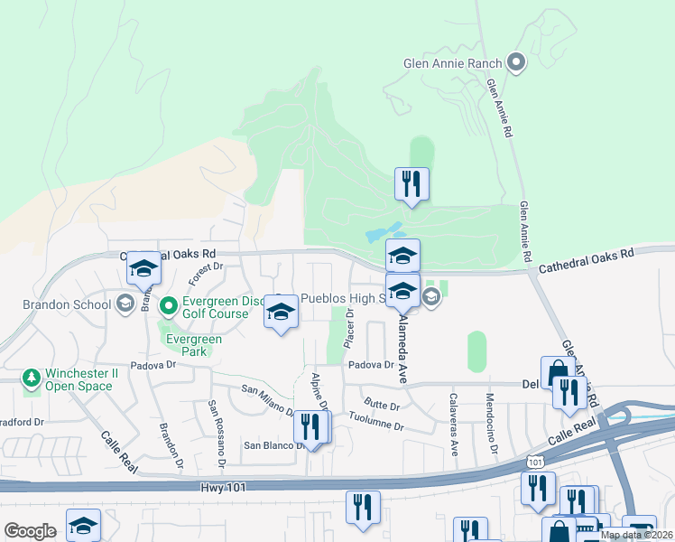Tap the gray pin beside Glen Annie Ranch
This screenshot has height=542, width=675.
tap(516, 62)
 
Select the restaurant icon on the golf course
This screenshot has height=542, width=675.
tap(411, 184)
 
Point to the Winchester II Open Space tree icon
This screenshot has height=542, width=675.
tap(32, 378)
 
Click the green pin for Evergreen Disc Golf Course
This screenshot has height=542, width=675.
tap(167, 306)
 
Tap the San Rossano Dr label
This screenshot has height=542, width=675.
tap(217, 435)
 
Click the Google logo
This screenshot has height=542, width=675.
tap(30, 531)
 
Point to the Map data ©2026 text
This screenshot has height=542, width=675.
tap(635, 535)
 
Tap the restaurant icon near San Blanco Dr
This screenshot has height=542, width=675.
tap(312, 427)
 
